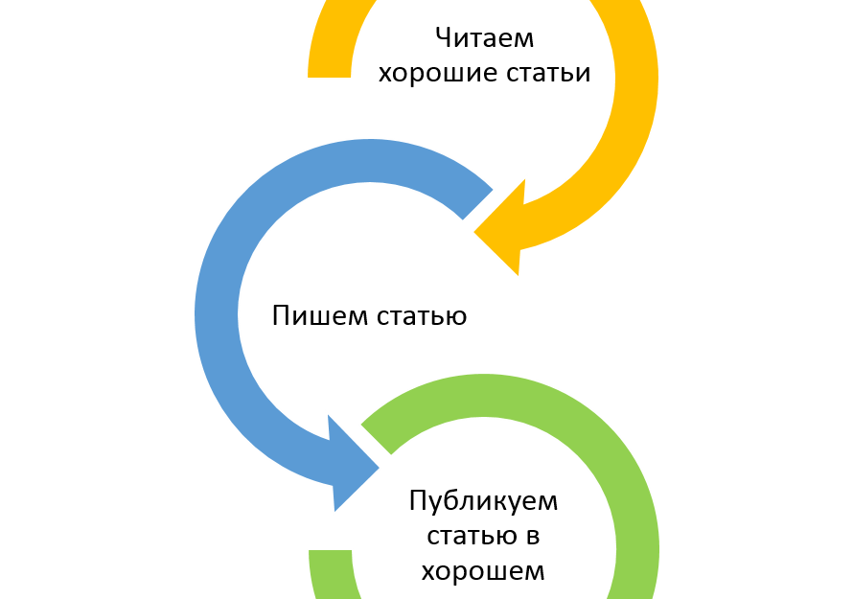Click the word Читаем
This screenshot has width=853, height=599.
pyautogui.click(x=484, y=38)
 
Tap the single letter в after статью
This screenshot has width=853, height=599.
pyautogui.click(x=529, y=537)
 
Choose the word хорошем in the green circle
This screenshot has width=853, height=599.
pyautogui.click(x=483, y=572)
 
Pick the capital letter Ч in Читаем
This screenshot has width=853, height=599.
pyautogui.click(x=442, y=38)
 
